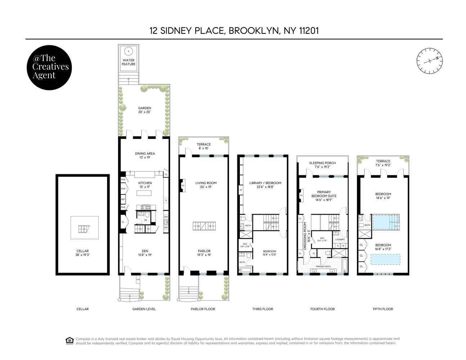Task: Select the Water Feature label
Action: pyautogui.click(x=129, y=62)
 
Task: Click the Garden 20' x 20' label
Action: pyautogui.click(x=144, y=110)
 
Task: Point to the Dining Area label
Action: pyautogui.click(x=145, y=156)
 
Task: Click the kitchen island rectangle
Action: pyautogui.click(x=144, y=193)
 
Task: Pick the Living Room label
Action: pyautogui.click(x=204, y=185)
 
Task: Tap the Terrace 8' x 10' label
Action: pyautogui.click(x=203, y=146)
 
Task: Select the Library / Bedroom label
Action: pyautogui.click(x=265, y=185)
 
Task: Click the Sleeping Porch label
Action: pyautogui.click(x=322, y=165)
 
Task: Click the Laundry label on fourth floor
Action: pyautogui.click(x=340, y=239)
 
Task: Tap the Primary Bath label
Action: pyautogui.click(x=323, y=267)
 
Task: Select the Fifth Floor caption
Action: pyautogui.click(x=383, y=309)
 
